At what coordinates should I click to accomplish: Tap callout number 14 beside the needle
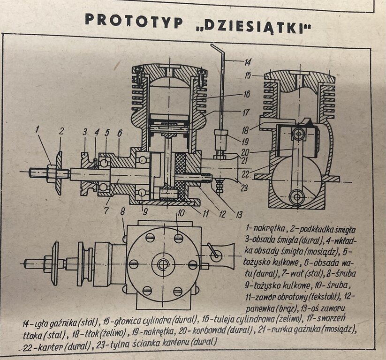tap(248, 61)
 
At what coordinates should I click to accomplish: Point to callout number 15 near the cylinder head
tap(248, 75)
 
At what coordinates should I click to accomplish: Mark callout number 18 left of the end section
tap(245, 128)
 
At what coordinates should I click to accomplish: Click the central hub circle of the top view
tap(163, 264)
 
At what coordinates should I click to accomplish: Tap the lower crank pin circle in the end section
tap(296, 196)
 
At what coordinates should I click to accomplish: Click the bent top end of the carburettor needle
tap(215, 47)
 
